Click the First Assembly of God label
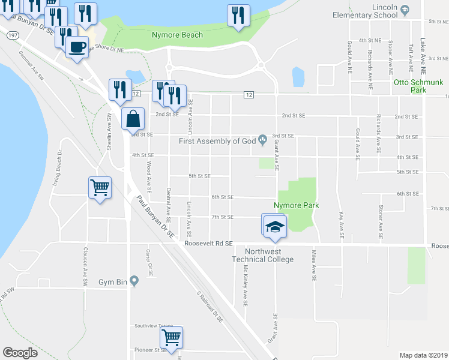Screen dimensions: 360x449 click(217, 141)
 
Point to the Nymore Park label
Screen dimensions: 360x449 click(295, 205)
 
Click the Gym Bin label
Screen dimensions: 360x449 click(113, 281)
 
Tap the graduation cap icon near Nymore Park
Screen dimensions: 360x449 click(276, 226)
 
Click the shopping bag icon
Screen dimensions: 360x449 click(133, 118)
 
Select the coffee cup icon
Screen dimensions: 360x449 click(76, 47)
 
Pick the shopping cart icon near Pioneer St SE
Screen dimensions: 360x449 click(172, 338)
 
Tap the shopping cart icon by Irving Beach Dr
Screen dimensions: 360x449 click(100, 187)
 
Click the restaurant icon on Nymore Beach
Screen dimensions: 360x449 click(238, 15)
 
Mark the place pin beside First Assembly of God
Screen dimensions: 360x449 click(263, 140)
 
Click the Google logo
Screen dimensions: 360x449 click(20, 352)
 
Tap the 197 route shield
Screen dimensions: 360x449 click(12, 36)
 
